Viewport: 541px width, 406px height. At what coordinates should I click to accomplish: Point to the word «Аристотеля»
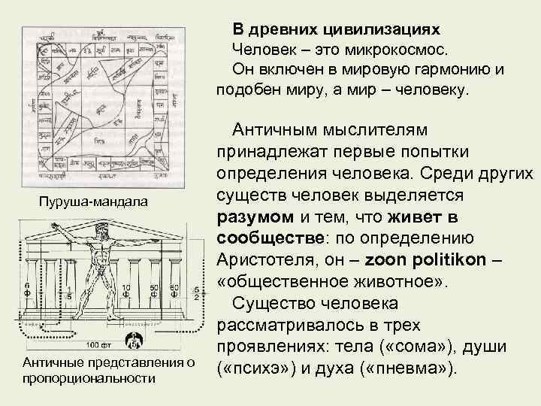click(x=268, y=259)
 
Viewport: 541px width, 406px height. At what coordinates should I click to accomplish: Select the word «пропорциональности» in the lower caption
click(x=89, y=377)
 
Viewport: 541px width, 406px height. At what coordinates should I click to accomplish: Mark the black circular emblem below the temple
click(x=134, y=341)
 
